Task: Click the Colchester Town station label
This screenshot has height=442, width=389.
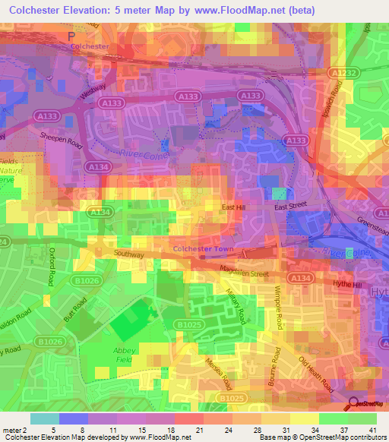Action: pyautogui.click(x=201, y=248)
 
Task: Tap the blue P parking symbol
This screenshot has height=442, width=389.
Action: pyautogui.click(x=71, y=36)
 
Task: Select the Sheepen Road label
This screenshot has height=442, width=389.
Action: pyautogui.click(x=62, y=134)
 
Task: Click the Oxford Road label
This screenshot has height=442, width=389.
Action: pyautogui.click(x=51, y=270)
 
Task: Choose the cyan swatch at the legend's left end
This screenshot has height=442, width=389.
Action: pyautogui.click(x=45, y=418)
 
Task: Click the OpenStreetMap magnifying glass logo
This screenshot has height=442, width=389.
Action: pyautogui.click(x=354, y=404)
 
